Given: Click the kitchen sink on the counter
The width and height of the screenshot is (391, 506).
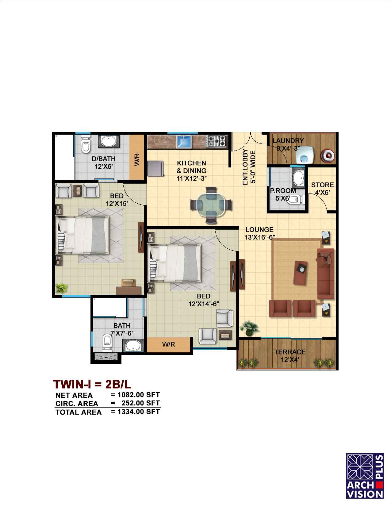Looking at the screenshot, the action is click(184, 141).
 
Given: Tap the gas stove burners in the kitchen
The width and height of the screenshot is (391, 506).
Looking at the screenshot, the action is click(217, 141).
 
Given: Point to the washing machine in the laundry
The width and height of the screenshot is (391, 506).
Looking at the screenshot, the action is click(305, 155).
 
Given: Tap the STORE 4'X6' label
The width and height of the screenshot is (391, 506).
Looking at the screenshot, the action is click(322, 189).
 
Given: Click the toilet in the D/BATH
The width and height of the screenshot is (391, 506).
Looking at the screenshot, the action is click(86, 144).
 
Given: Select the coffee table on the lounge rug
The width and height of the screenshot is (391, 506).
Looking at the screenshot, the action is click(301, 273).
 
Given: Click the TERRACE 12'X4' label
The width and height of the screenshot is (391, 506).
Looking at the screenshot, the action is click(290, 355).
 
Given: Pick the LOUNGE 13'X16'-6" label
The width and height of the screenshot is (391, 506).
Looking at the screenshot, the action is click(260, 233).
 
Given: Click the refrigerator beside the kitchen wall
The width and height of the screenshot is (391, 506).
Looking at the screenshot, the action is click(155, 168).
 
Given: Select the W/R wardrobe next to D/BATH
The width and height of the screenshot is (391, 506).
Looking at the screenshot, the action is click(137, 157).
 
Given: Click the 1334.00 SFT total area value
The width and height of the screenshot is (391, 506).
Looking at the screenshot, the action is click(139, 412).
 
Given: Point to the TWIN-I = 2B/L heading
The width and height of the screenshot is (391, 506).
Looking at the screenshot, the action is click(92, 384).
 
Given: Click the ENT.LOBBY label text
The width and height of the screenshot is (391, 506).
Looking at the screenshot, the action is click(245, 167).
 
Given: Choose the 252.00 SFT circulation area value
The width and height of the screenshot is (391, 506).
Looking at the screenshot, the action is click(141, 403).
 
